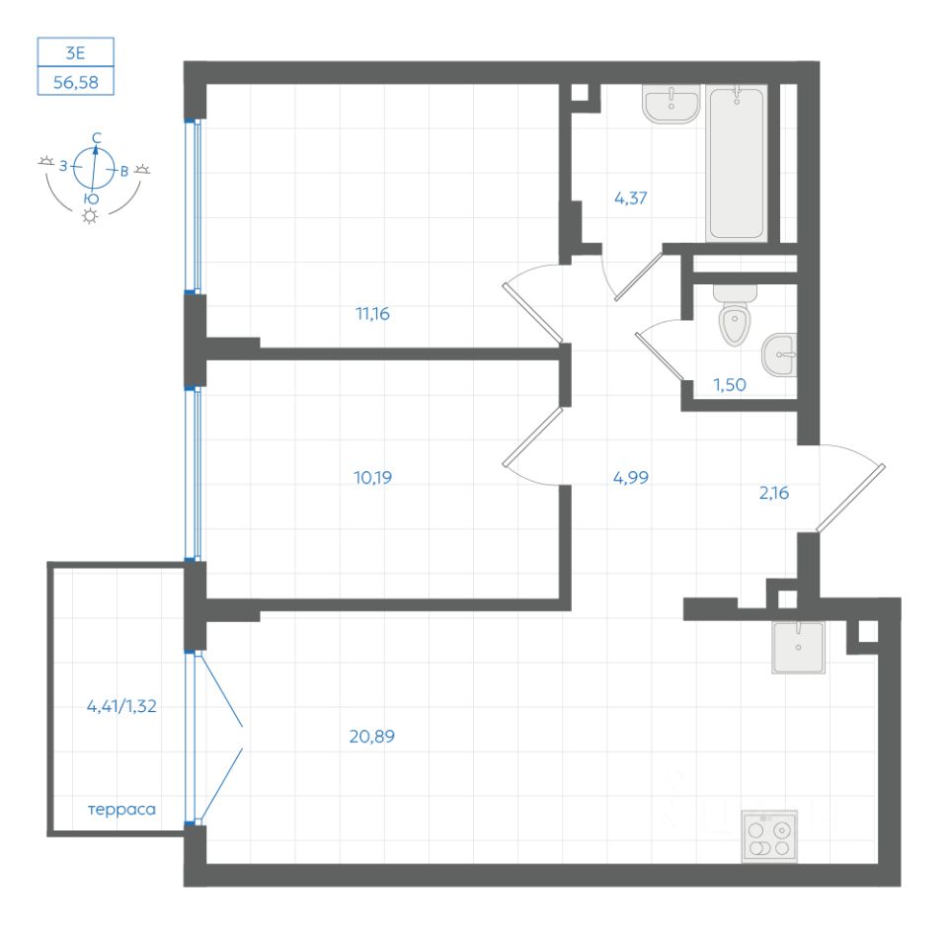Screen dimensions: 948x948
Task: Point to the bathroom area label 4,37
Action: tap(631, 197)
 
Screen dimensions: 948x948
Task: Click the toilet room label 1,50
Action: tap(730, 384)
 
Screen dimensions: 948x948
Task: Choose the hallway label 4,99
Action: tap(630, 478)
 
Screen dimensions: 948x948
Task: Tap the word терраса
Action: tap(122, 810)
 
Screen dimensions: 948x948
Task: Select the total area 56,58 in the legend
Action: tap(76, 82)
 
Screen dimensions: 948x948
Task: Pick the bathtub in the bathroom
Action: tap(737, 163)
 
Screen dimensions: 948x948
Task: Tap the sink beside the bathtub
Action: tap(671, 103)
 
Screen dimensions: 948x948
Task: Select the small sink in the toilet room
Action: tap(780, 354)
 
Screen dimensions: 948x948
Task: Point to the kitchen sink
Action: tap(798, 647)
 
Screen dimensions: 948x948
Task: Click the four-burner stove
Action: tap(769, 837)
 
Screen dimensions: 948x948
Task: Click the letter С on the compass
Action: tap(96, 137)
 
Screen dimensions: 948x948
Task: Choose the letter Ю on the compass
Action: tap(90, 198)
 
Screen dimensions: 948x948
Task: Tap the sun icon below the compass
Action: tap(91, 216)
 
